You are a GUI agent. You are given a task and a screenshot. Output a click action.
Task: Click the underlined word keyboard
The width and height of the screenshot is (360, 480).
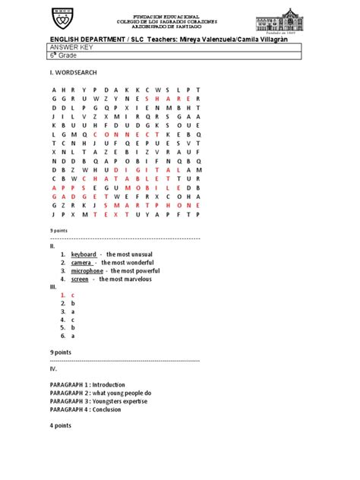tap(84, 254)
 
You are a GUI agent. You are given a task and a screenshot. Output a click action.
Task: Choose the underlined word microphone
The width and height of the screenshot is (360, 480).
tap(87, 270)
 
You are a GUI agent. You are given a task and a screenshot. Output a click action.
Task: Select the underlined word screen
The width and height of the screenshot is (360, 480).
tap(80, 279)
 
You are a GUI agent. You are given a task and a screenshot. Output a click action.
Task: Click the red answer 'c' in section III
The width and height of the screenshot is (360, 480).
tap(73, 294)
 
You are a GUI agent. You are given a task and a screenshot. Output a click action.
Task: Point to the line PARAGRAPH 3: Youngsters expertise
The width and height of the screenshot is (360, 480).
tap(99, 401)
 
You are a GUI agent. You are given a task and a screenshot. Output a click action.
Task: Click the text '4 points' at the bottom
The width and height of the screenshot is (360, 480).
tap(61, 425)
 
